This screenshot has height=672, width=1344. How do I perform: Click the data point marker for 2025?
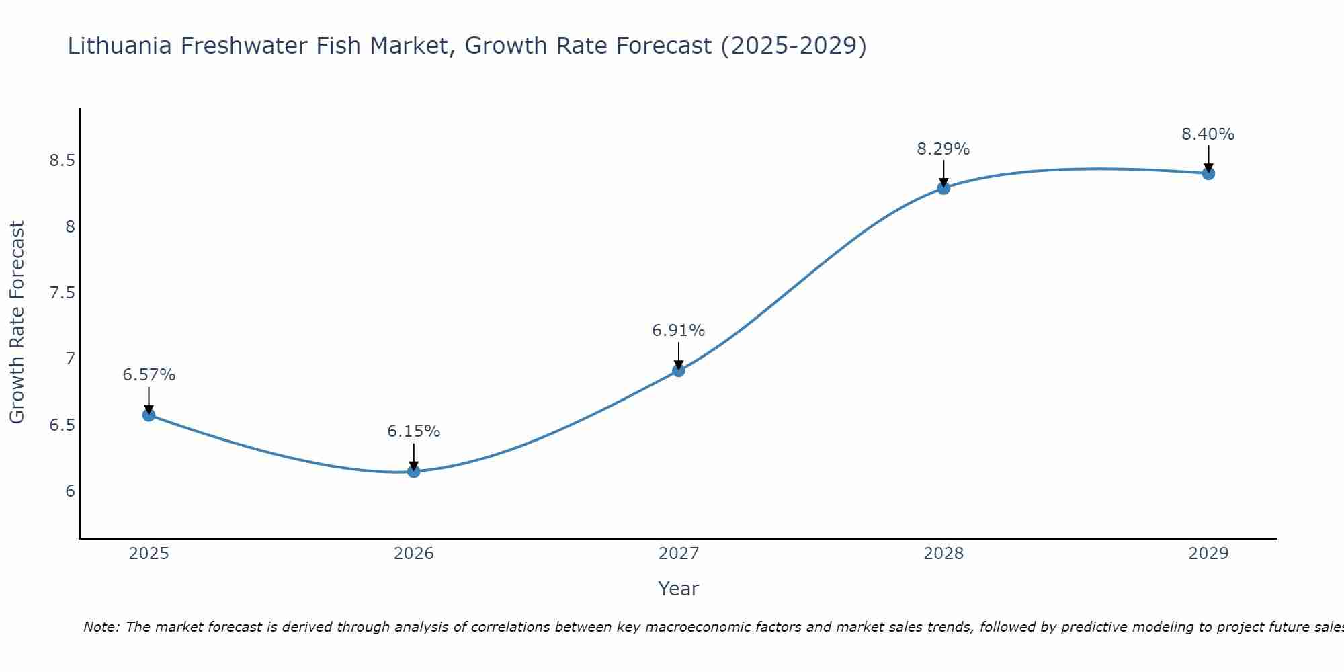149,415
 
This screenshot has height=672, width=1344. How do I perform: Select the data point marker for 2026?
413,471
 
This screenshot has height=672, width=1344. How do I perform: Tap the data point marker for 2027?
679,370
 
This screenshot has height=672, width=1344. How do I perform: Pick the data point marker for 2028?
943,188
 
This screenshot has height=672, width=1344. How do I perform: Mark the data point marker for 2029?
1208,173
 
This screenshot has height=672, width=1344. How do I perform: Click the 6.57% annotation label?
149,375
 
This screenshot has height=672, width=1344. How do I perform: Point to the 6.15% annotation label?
413,431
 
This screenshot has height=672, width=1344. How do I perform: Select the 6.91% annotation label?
679,331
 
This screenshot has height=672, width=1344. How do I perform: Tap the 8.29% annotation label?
943,149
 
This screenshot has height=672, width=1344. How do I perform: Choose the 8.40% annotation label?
1208,134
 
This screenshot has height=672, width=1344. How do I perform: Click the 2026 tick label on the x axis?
413,554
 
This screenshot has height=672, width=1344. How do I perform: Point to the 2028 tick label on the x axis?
943,554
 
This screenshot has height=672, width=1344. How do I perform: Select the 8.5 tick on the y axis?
62,161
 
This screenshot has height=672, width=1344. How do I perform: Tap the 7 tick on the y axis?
70,359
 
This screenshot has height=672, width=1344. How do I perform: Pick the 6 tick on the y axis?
70,491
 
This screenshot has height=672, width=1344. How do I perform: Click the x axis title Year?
679,589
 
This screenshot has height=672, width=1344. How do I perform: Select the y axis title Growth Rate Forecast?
17,323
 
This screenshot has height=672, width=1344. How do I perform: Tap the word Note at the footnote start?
101,627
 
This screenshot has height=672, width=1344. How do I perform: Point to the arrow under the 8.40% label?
1208,159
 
